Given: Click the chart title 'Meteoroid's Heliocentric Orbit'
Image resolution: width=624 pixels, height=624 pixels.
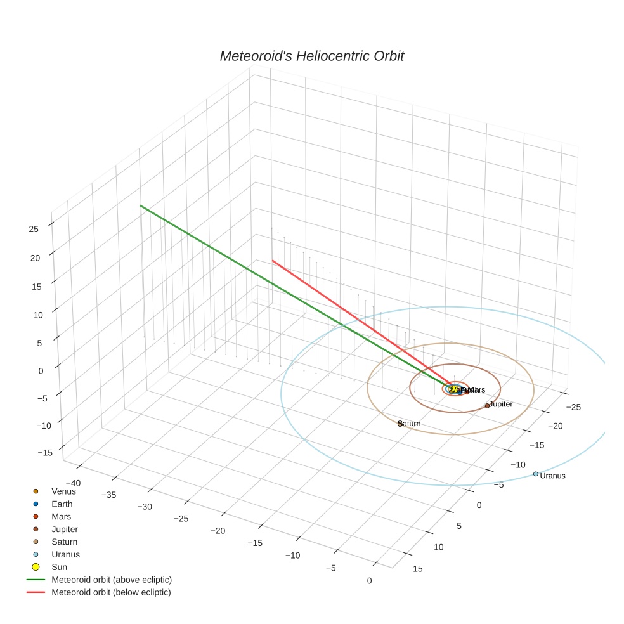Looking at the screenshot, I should point(311,56).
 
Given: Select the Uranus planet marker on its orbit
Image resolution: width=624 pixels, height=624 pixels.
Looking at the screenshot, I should point(536,474).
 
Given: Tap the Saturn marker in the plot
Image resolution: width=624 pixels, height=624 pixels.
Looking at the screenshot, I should point(400,424).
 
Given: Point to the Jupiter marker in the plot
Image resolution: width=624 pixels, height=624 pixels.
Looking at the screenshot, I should point(487,405).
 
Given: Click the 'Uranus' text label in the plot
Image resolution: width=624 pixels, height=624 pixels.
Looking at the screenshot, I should point(552,476).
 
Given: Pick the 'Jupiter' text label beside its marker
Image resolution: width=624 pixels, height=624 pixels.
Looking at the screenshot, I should point(501,404).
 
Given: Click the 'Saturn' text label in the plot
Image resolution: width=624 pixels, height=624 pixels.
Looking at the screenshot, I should point(410,424).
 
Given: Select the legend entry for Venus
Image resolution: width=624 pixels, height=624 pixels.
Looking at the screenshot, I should point(63,491).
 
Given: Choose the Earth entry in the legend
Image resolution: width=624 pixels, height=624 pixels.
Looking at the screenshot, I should point(62,504).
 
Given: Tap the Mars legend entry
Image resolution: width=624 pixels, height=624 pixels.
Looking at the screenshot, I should point(61,516).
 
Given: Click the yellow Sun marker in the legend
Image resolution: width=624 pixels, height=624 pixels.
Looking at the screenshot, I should point(36,567).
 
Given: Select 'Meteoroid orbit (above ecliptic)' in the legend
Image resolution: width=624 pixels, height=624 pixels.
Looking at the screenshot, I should point(112,580).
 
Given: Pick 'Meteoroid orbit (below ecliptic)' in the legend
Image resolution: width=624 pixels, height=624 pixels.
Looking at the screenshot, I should point(111,592).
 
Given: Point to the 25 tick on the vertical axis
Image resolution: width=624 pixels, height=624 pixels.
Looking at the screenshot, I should point(34,230).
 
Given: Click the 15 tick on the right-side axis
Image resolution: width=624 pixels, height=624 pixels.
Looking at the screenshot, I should point(417,569).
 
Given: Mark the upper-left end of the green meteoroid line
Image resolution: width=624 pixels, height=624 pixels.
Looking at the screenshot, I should point(140,205).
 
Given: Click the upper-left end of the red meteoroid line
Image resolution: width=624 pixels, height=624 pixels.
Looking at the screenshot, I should point(273,260).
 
